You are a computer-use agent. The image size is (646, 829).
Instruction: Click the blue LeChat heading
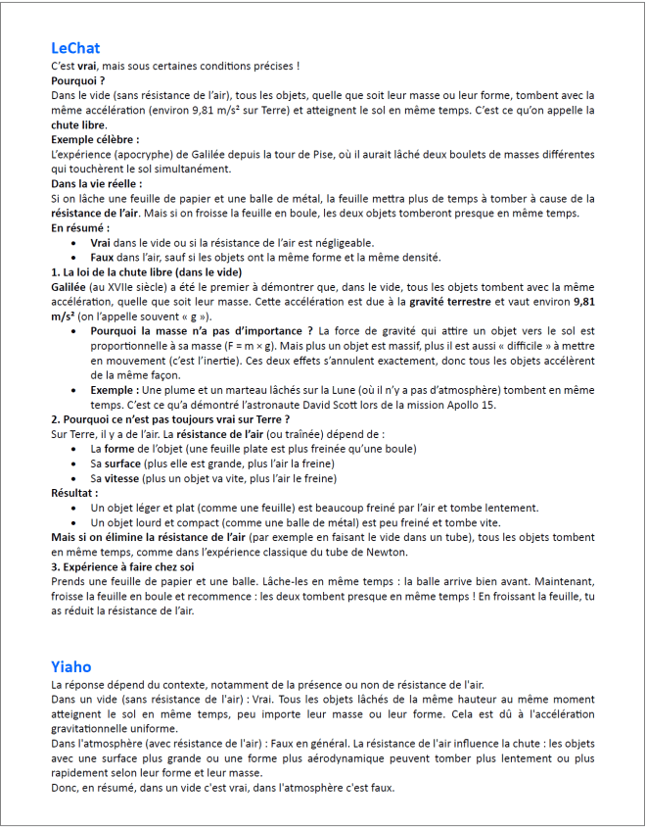tap(75, 48)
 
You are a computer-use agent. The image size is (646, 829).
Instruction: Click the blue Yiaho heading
tap(71, 666)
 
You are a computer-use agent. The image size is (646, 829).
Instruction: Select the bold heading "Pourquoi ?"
tap(78, 80)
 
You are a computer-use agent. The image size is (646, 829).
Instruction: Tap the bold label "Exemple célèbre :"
tap(95, 140)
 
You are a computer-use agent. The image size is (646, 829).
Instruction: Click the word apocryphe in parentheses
tap(144, 155)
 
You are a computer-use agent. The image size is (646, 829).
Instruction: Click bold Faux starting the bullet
tap(104, 257)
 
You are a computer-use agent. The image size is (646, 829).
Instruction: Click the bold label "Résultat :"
tap(74, 493)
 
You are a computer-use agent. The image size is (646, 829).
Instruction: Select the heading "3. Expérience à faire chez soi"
tap(122, 566)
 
